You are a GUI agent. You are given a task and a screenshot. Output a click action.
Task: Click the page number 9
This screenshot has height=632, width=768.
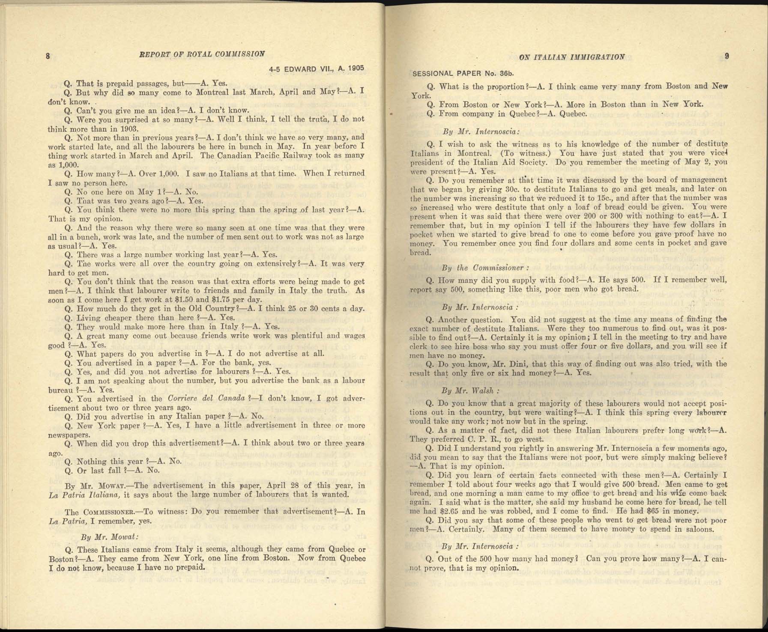click(727, 56)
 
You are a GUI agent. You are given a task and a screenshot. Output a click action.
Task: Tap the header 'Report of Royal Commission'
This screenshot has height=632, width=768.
click(202, 54)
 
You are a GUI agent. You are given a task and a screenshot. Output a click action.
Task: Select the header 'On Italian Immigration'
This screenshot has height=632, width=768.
click(571, 57)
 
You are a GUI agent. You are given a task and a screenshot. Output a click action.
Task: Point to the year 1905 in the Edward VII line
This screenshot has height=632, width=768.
click(356, 68)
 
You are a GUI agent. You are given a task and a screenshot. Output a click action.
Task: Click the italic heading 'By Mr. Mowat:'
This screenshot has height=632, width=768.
click(109, 537)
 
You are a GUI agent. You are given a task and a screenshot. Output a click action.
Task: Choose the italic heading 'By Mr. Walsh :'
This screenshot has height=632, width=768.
click(470, 391)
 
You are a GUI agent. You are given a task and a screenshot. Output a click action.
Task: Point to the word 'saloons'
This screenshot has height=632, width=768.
click(700, 529)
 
